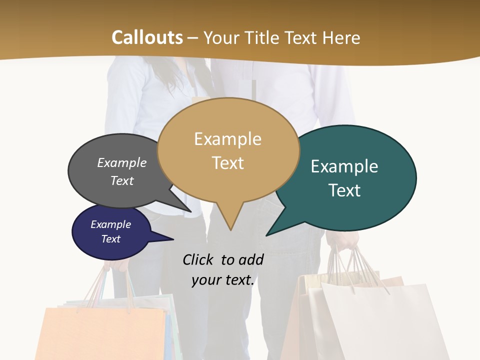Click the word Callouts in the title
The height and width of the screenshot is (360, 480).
147,37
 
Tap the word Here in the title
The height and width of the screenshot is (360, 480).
341,38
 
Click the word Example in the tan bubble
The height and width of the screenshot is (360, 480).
227,138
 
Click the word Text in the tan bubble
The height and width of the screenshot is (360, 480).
227,162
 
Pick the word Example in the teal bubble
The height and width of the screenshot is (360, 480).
344,166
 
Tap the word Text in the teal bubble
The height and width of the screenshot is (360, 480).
344,190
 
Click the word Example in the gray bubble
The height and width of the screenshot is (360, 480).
122,162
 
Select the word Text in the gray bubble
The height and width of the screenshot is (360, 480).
122,180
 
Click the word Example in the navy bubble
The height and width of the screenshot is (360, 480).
110,224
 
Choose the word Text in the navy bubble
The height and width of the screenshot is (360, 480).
110,239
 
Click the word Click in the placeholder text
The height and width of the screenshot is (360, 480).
198,259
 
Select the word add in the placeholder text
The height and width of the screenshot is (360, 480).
251,259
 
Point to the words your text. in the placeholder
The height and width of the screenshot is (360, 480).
223,280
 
